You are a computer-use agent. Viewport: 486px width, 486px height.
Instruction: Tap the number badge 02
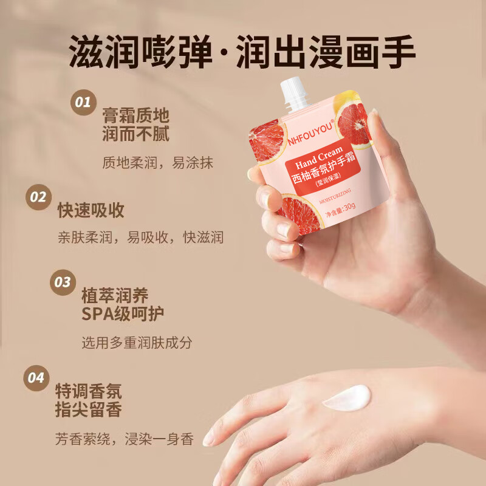[x=38, y=197]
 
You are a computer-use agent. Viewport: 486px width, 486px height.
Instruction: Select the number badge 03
[x=63, y=282]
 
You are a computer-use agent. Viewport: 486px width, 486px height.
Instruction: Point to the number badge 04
[x=36, y=378]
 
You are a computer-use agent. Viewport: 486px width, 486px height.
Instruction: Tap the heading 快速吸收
[x=91, y=210]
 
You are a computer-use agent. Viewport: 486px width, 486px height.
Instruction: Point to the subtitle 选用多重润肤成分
[x=137, y=343]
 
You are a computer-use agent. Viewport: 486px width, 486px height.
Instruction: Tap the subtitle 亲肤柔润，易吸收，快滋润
[x=140, y=237]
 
